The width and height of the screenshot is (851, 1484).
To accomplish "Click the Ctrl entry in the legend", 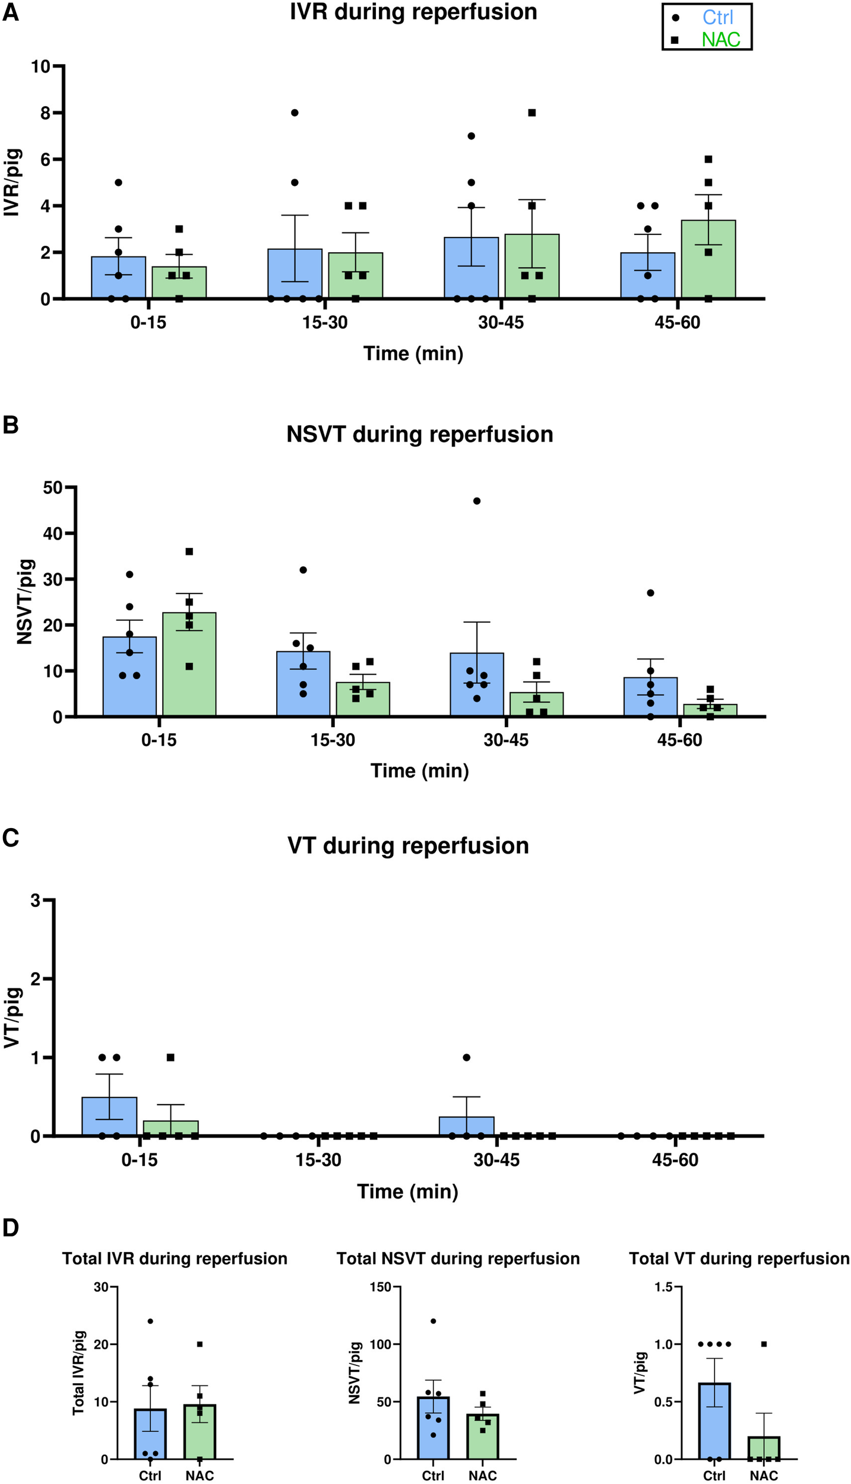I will click(717, 17).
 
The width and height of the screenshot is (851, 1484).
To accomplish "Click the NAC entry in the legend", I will click(720, 39).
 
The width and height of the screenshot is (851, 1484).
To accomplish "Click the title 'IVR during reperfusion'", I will click(413, 12).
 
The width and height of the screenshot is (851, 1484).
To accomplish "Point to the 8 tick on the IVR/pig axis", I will click(45, 113).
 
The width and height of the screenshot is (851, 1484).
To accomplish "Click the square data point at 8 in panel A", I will click(532, 113).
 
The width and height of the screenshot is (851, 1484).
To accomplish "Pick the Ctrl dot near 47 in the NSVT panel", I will click(476, 501).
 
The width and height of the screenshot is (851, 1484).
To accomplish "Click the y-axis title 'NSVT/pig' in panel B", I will click(24, 602).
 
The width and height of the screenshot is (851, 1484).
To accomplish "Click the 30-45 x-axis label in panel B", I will click(505, 740).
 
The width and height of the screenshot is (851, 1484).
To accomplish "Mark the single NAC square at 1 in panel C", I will click(170, 1057).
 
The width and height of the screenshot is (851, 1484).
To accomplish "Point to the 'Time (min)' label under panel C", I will click(407, 1191).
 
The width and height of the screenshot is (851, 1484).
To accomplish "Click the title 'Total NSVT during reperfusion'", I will click(458, 1258).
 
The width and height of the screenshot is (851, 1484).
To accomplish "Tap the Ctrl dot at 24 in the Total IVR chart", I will click(150, 1321).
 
